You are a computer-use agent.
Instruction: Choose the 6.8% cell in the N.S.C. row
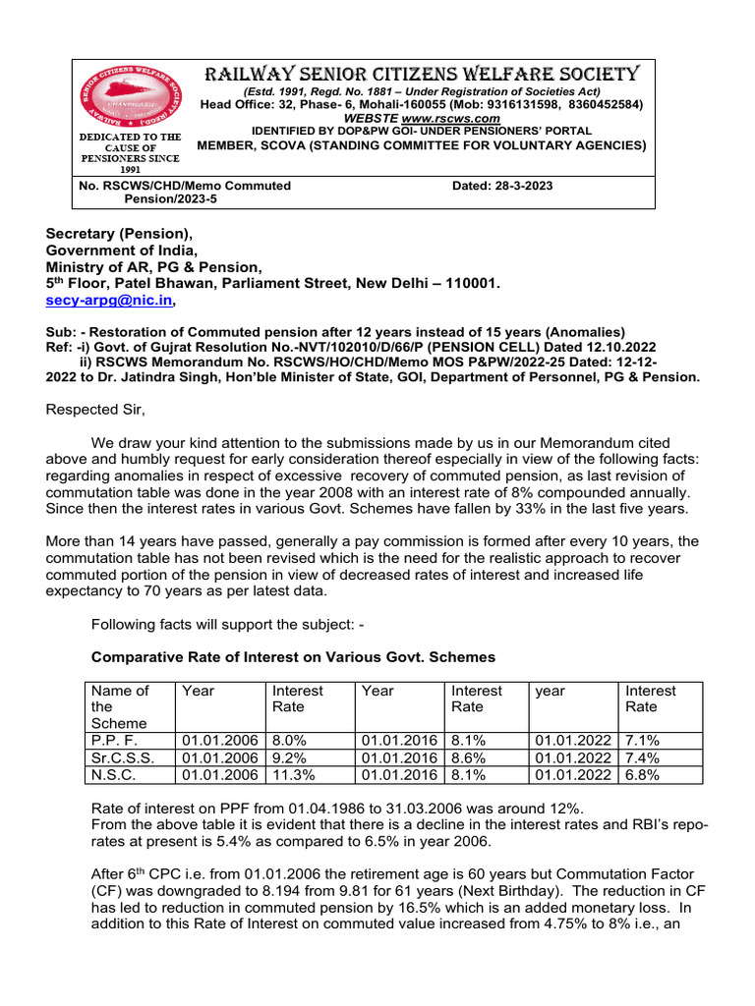[x=643, y=774]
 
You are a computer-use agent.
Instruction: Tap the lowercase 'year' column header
[x=551, y=692]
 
